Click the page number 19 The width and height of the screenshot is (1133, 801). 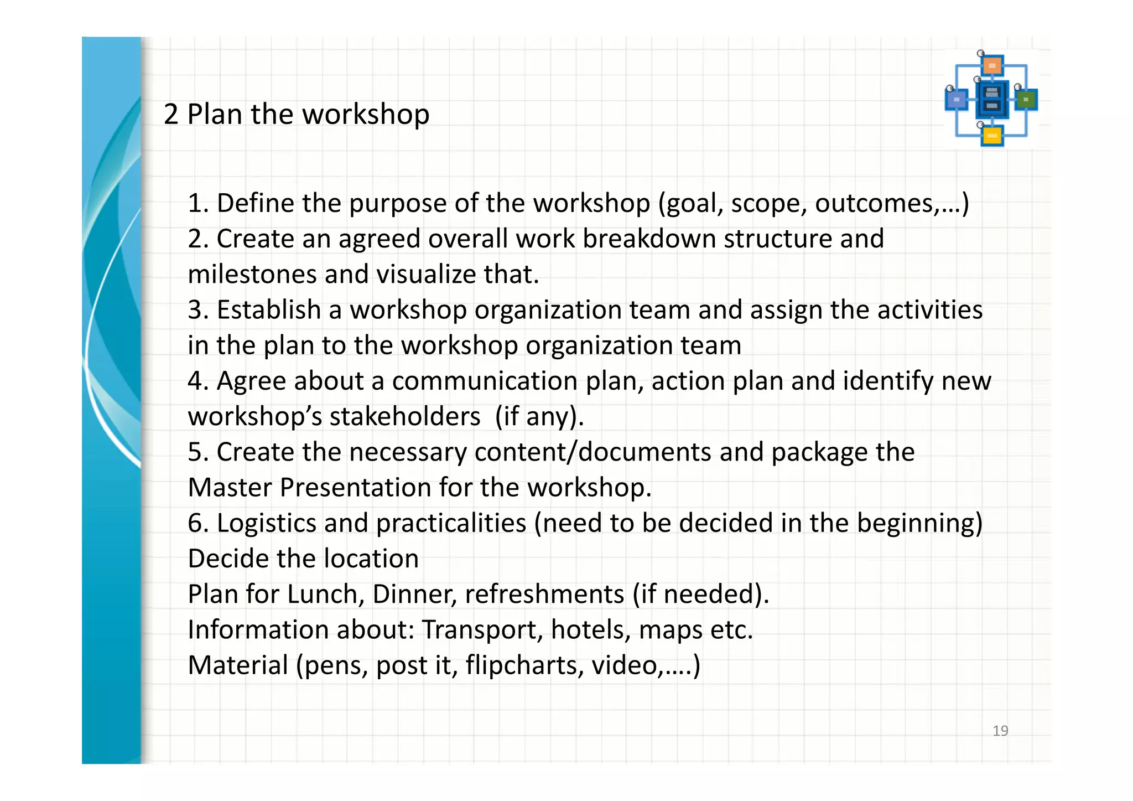[1000, 731]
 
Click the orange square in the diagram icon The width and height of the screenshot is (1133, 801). [992, 66]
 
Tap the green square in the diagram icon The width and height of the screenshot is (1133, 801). [1026, 100]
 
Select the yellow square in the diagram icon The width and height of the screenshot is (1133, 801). [992, 136]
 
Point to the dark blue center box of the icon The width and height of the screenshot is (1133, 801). [992, 100]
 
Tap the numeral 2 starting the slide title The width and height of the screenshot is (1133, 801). [171, 115]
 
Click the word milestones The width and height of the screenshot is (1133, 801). [252, 275]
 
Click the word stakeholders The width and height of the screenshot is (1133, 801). [404, 417]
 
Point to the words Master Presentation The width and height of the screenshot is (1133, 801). [309, 488]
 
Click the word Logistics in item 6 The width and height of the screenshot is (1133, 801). [266, 523]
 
